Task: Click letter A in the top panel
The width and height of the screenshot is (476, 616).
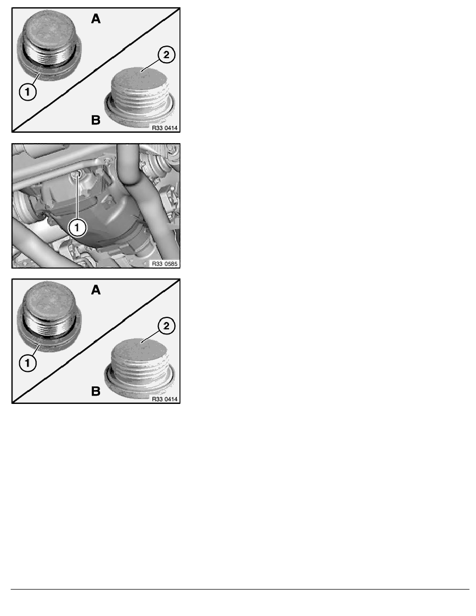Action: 96,19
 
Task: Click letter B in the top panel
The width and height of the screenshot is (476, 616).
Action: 96,120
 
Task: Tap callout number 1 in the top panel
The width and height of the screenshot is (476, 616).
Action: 27,92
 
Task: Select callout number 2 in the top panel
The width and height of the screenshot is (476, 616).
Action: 166,54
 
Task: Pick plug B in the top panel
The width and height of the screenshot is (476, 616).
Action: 140,97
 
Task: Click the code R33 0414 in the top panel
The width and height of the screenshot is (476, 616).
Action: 164,128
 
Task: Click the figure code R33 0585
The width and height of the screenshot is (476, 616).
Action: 164,264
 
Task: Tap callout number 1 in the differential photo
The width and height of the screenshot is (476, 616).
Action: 77,228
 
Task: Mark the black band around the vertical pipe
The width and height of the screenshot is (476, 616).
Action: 130,182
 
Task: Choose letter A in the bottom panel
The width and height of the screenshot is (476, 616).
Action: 96,290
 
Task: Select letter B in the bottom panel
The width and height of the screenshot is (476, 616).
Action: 96,391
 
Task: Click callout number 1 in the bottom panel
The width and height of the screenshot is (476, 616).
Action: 27,363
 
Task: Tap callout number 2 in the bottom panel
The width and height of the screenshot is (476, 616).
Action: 166,326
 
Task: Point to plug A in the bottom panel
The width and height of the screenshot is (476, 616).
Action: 49,317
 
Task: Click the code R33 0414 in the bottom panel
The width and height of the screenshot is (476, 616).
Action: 164,399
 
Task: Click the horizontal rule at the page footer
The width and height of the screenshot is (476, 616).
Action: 240,589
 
